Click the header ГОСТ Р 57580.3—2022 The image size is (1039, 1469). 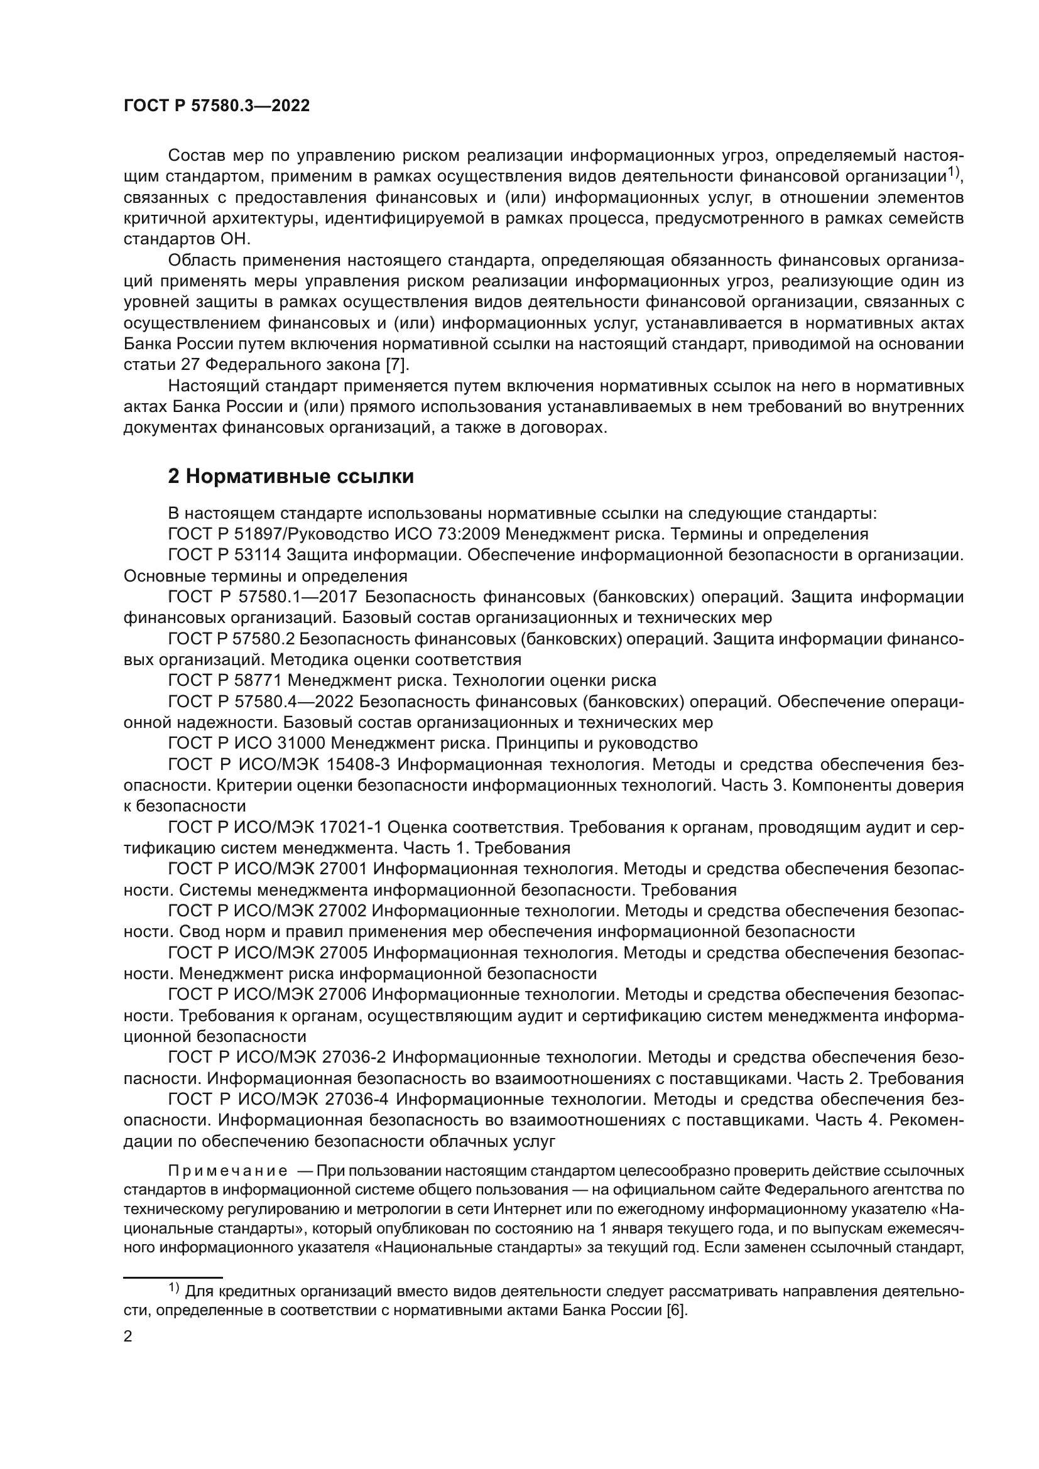(216, 106)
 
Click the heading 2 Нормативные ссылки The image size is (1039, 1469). (290, 476)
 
